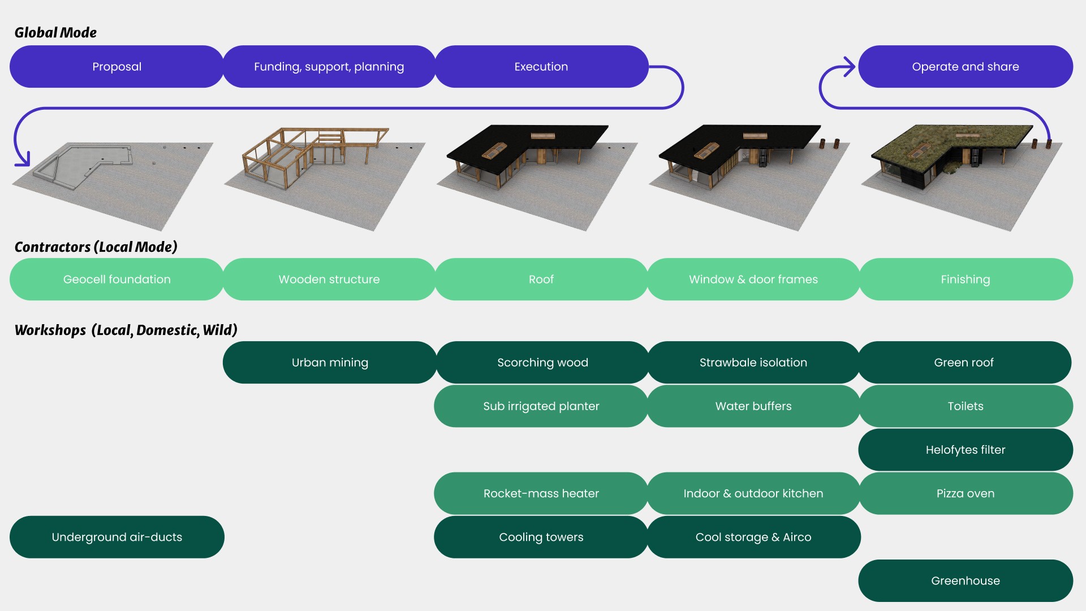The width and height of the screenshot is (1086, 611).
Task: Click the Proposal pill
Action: [x=117, y=67]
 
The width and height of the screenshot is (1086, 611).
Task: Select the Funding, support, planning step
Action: [x=329, y=67]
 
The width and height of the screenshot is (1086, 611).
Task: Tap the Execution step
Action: [x=541, y=67]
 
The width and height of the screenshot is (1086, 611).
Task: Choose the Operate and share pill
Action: [x=965, y=67]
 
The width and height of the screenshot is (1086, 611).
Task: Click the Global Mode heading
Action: [x=55, y=33]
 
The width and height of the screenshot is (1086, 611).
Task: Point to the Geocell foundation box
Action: [x=117, y=279]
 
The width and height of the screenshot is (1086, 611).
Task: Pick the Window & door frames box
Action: [x=753, y=279]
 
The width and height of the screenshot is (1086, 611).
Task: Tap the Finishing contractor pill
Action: [x=965, y=279]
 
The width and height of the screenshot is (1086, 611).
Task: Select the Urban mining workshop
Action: [x=330, y=363]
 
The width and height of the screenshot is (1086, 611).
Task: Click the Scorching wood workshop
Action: [x=542, y=363]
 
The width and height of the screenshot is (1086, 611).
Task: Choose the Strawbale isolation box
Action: [x=753, y=363]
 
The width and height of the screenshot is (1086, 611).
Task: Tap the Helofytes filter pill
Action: [x=965, y=450]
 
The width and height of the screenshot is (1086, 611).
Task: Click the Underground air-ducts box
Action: [x=117, y=537]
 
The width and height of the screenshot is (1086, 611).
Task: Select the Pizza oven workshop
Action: [x=965, y=493]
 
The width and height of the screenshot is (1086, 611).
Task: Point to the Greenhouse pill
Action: [x=965, y=580]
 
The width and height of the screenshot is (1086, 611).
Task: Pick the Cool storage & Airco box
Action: [x=753, y=537]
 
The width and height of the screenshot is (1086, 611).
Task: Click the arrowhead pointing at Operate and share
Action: [x=848, y=67]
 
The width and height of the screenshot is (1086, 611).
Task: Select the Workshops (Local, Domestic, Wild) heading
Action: [x=126, y=330]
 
